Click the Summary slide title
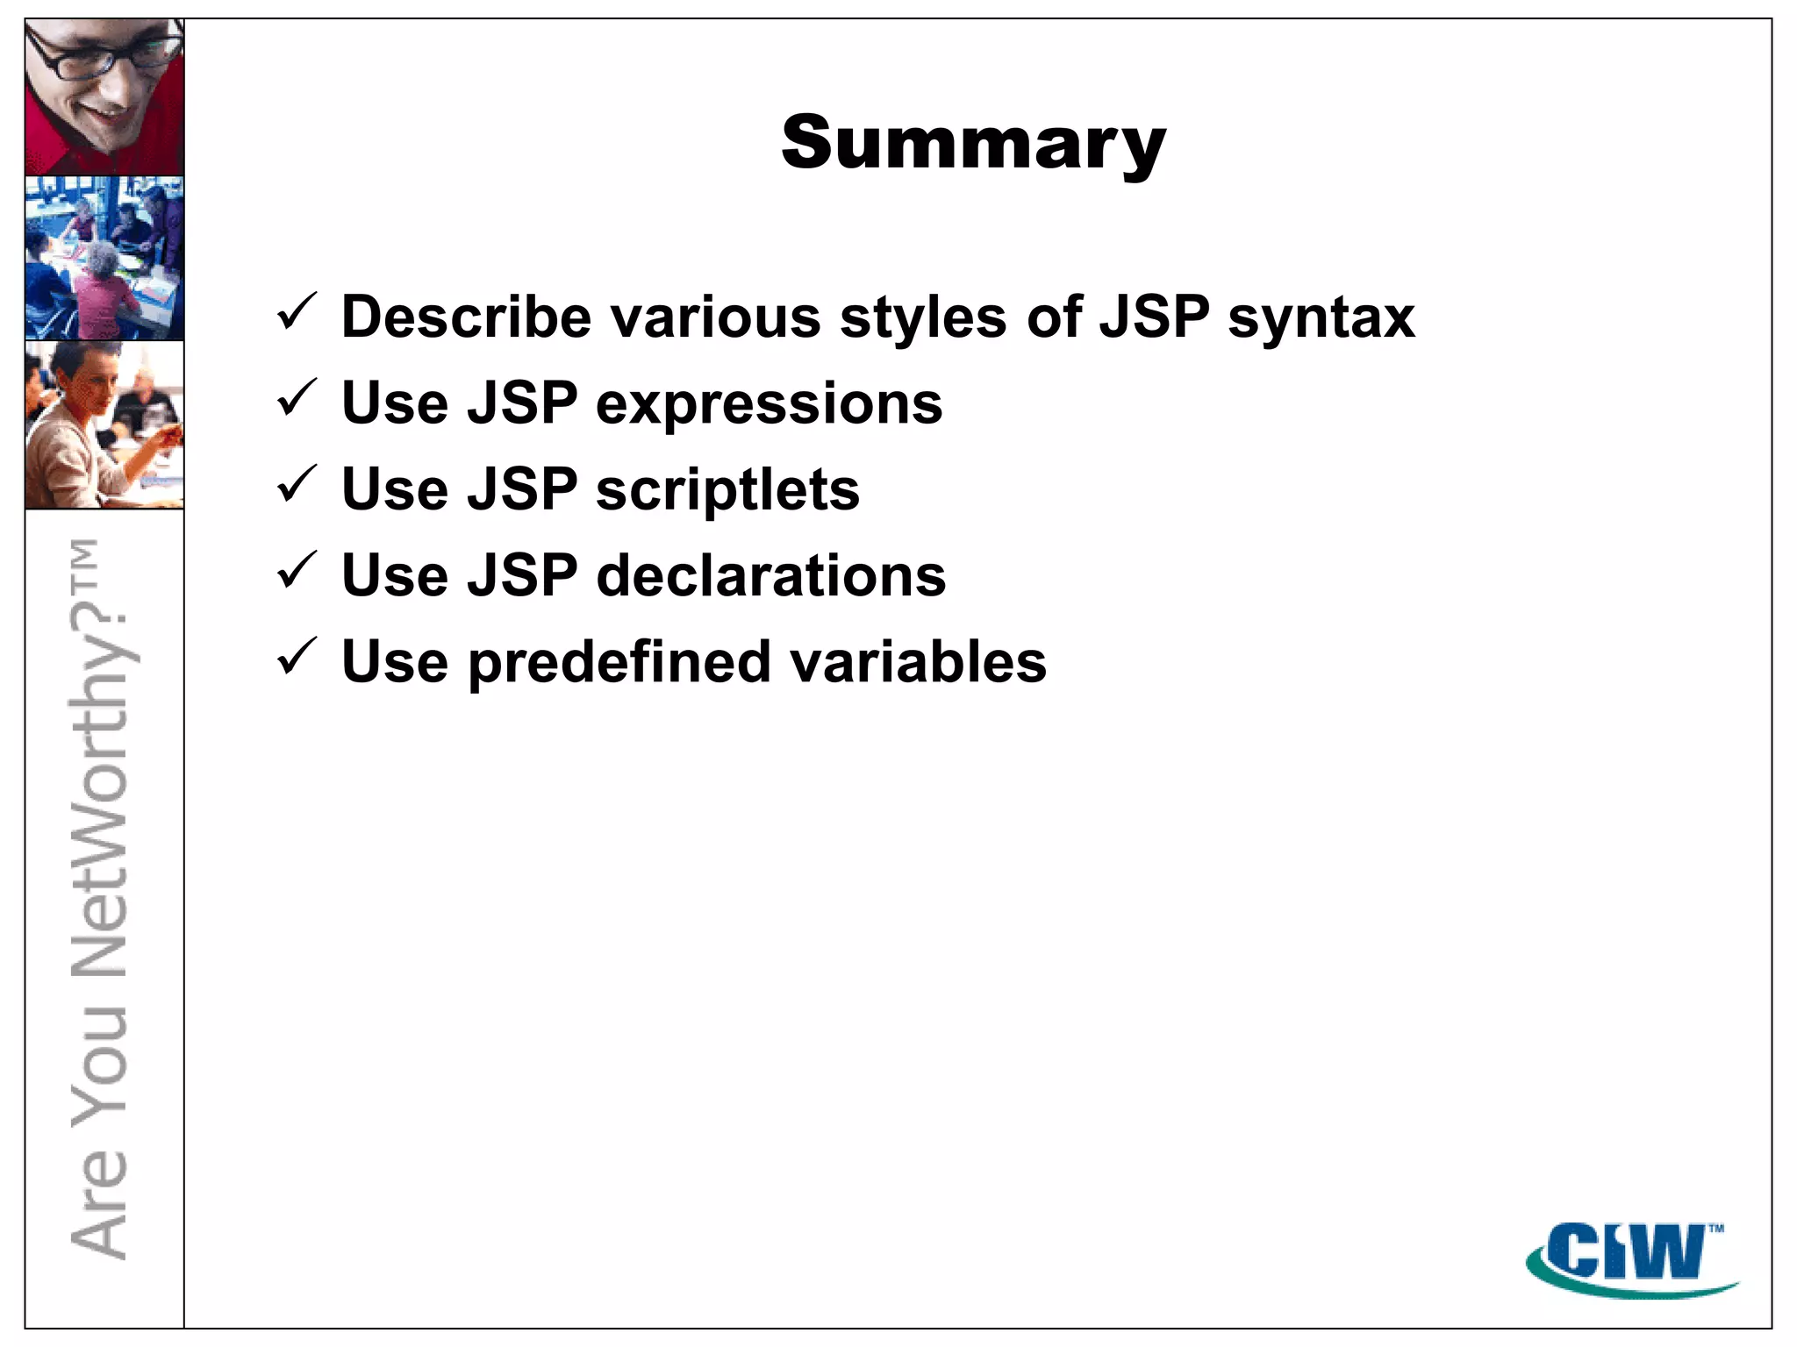tap(973, 144)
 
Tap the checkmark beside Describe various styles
tap(296, 313)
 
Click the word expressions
tap(769, 404)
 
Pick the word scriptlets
tap(727, 490)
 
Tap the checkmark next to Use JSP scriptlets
tap(296, 485)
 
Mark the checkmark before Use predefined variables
tap(296, 657)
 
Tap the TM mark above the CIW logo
tap(1715, 1229)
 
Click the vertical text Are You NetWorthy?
tap(100, 899)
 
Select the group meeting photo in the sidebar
tap(104, 258)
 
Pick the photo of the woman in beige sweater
tap(104, 425)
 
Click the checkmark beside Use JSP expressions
tap(296, 399)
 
